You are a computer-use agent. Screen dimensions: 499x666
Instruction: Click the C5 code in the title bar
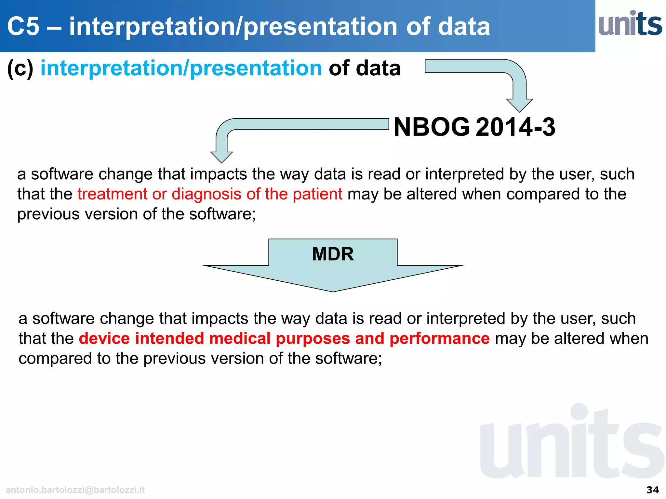click(x=23, y=26)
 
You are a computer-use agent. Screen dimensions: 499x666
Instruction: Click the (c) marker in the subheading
click(x=20, y=69)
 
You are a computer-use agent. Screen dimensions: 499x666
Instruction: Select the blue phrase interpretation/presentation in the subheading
click(x=181, y=69)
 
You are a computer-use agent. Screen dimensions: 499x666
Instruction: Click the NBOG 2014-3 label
click(x=474, y=127)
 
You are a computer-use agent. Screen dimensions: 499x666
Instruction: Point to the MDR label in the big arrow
click(x=333, y=254)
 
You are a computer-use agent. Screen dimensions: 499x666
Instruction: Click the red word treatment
click(x=112, y=194)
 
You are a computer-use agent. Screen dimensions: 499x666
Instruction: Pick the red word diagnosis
click(x=206, y=194)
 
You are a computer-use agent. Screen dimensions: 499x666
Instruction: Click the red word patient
click(x=317, y=194)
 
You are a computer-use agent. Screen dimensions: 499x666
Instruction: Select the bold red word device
click(x=104, y=339)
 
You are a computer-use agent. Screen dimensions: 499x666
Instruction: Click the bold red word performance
click(x=439, y=339)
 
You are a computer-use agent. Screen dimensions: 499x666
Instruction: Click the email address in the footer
click(x=75, y=490)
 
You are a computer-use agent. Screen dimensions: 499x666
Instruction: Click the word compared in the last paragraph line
click(x=55, y=359)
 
